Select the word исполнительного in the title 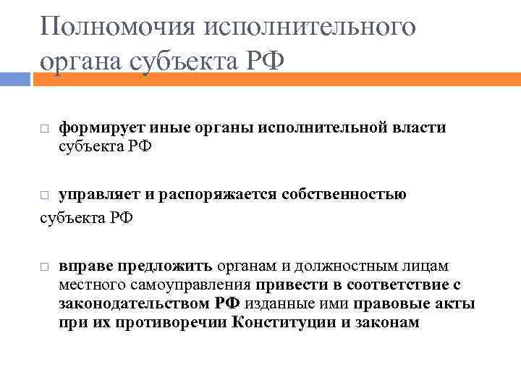point(311,28)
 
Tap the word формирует point(101,127)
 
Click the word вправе point(81,267)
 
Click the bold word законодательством point(134,303)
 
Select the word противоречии point(167,322)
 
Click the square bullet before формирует point(44,128)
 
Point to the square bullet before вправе point(44,268)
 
